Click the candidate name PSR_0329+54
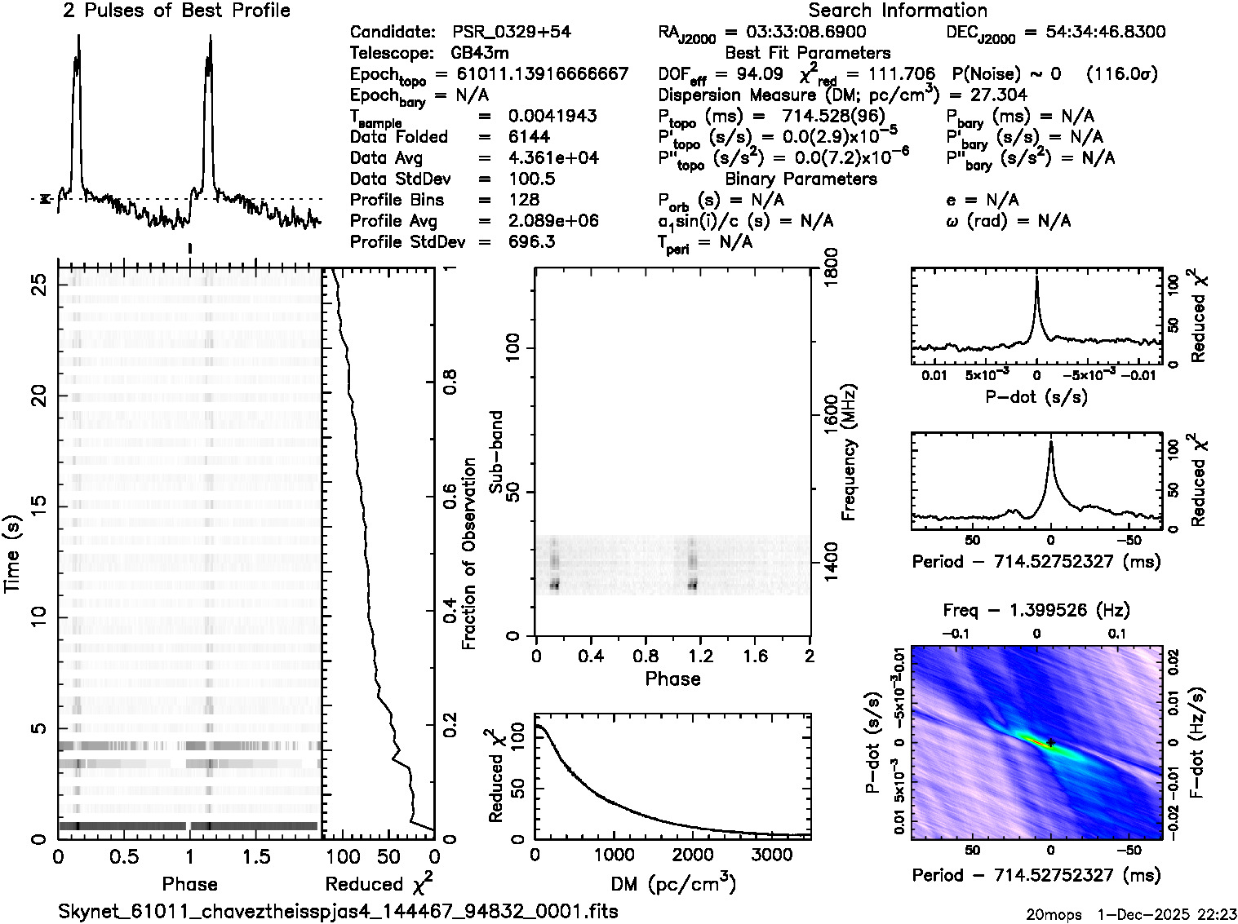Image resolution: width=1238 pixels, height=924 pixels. click(x=512, y=33)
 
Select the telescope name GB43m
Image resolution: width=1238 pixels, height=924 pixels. click(x=481, y=53)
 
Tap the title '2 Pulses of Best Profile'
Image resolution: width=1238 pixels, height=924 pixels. click(x=176, y=11)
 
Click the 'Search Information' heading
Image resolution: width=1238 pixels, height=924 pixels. click(x=898, y=11)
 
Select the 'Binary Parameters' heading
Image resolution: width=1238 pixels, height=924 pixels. click(x=801, y=179)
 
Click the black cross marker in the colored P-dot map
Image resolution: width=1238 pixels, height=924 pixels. click(x=1051, y=743)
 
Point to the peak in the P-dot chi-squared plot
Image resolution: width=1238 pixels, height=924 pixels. click(x=1036, y=279)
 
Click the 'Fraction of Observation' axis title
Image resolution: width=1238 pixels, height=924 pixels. click(x=469, y=554)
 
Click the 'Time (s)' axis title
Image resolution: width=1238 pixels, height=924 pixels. click(x=13, y=554)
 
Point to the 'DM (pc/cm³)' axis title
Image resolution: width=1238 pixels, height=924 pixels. click(x=672, y=883)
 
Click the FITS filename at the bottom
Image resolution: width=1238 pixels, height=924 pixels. click(x=338, y=911)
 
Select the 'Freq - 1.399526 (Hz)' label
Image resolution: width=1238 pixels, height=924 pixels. click(x=1036, y=610)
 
